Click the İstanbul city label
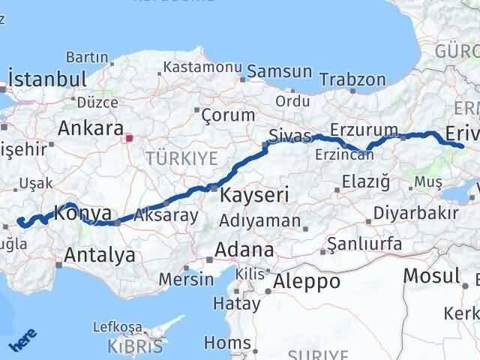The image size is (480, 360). (46, 79)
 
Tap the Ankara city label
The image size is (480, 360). (90, 127)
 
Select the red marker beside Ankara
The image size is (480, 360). (129, 138)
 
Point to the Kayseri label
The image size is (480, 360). (255, 196)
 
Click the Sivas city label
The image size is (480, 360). (289, 136)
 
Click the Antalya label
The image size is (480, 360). (100, 255)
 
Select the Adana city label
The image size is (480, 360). (244, 249)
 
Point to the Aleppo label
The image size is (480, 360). (307, 281)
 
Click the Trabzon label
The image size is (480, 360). (352, 79)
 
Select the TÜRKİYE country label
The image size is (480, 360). (181, 158)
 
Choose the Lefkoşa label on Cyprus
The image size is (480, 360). (116, 327)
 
